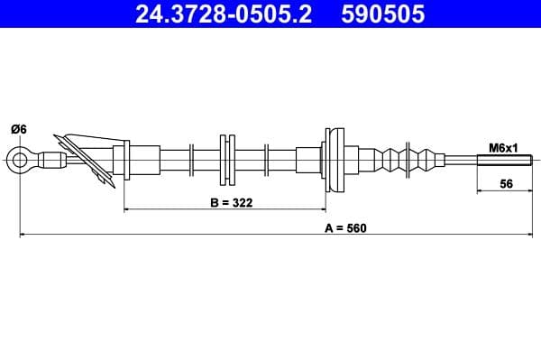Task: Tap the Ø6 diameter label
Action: tap(18, 129)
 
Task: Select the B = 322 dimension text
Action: tap(230, 203)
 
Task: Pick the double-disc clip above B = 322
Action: tap(226, 161)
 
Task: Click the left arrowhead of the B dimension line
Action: tap(127, 209)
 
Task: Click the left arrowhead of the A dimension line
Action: tap(23, 235)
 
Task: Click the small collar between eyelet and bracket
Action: tap(51, 162)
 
